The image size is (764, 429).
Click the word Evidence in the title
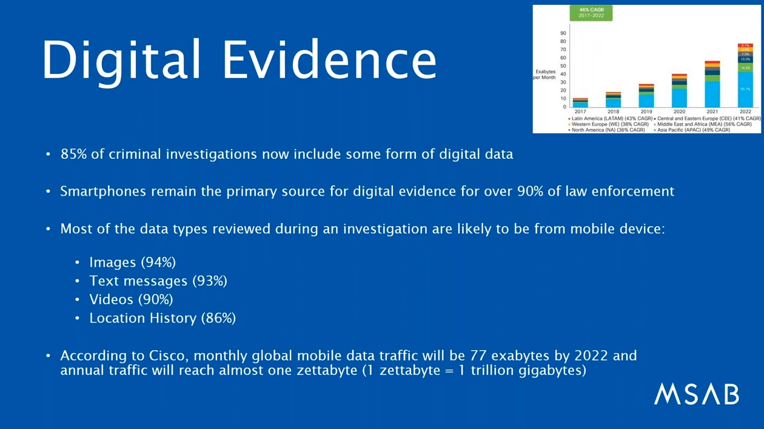(x=329, y=61)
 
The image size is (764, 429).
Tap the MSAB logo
(x=696, y=394)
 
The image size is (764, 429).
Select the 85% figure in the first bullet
(x=74, y=154)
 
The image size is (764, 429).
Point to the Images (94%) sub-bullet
(x=132, y=262)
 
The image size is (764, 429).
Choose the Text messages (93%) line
(x=158, y=281)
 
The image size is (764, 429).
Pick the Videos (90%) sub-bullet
(x=131, y=299)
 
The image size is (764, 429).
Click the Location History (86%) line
(x=162, y=318)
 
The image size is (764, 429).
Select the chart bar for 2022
(x=745, y=79)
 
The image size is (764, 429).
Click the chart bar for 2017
(x=580, y=103)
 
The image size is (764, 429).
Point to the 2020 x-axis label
(x=679, y=112)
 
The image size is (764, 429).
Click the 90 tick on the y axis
(x=563, y=33)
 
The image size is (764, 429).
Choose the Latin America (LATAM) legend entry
(x=611, y=118)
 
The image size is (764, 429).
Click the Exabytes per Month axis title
(x=545, y=75)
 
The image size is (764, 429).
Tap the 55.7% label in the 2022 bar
(x=745, y=89)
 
